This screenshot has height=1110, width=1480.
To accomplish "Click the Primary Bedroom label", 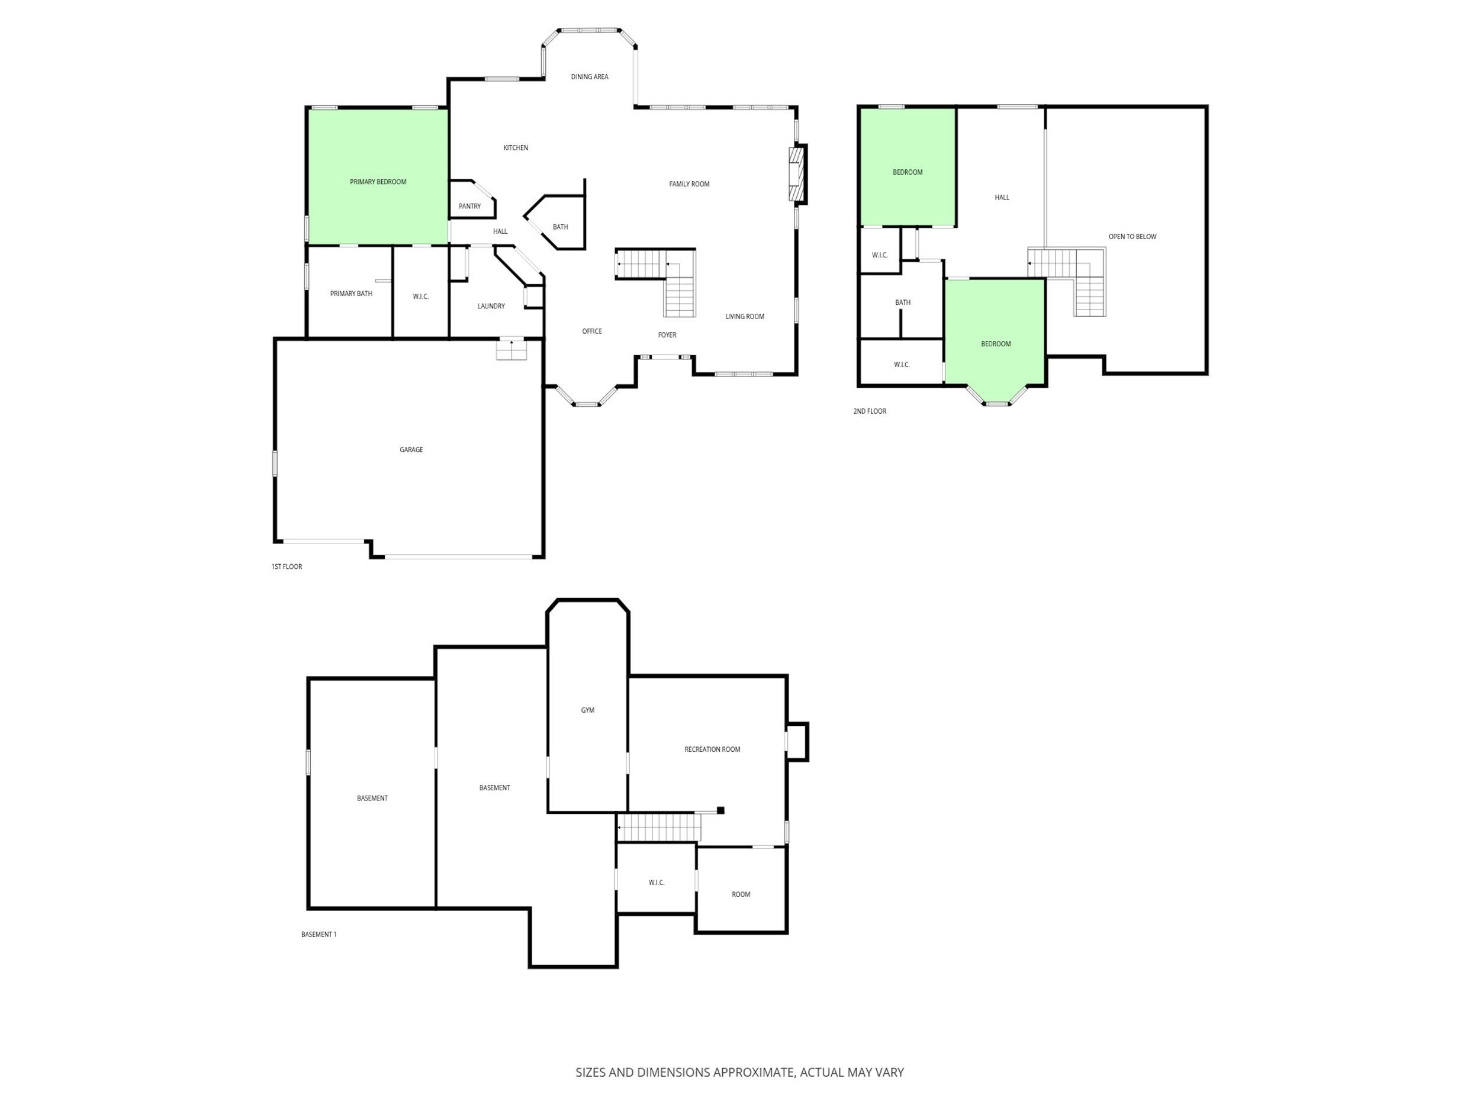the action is (x=378, y=182).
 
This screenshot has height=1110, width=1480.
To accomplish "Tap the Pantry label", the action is (x=469, y=206).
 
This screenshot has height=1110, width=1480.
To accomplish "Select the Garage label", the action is (x=411, y=449).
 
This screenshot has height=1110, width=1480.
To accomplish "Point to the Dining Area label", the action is (x=590, y=77).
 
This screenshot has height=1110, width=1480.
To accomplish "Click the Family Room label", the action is (x=689, y=184).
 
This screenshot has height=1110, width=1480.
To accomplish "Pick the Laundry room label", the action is (x=491, y=307).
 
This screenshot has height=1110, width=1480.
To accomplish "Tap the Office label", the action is (x=592, y=331).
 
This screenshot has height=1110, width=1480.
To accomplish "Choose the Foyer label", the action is (x=667, y=335).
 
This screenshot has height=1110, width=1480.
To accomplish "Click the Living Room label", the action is (x=745, y=317).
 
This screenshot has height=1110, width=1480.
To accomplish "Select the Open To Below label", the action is (x=1132, y=237).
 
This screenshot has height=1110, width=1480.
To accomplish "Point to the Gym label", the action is (x=587, y=710).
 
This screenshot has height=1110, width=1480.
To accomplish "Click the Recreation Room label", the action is (x=712, y=749).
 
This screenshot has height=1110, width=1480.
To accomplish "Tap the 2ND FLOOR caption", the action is (x=870, y=411).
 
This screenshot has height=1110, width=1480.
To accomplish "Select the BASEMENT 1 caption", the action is (x=318, y=935).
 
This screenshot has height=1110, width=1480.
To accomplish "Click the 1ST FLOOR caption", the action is (x=287, y=567).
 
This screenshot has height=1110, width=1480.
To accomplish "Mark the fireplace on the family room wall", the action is (x=798, y=174).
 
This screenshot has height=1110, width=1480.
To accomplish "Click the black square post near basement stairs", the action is (x=720, y=811).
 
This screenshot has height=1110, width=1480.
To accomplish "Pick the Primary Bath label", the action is (x=351, y=294).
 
